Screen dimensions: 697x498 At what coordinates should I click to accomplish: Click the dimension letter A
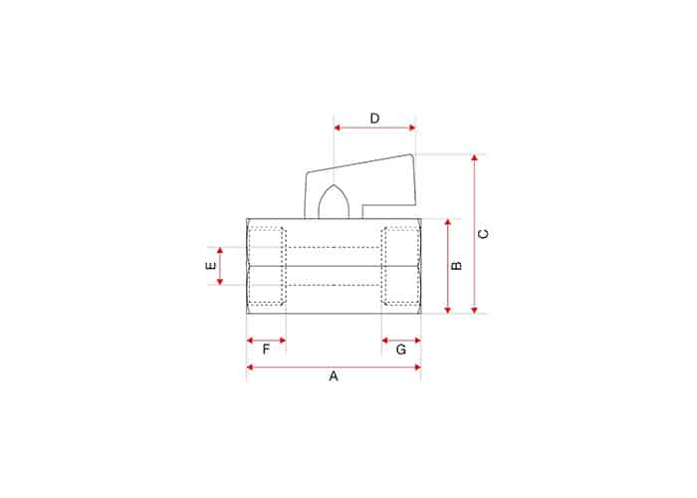point(334,376)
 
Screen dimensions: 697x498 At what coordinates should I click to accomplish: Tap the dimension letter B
point(456,266)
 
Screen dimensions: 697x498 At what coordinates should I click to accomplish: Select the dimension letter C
point(483,234)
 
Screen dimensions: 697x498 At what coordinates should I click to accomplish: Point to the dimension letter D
point(374,119)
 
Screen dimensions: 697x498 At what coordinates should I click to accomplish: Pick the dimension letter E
point(211,266)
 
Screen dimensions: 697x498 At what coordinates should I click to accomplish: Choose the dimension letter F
point(266,350)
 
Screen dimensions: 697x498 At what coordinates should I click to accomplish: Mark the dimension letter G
point(401,350)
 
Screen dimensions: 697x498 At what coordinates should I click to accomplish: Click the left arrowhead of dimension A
point(250,368)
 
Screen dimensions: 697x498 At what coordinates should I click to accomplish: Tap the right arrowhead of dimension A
point(417,368)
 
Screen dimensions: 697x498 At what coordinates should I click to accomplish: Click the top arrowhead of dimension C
point(474,157)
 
